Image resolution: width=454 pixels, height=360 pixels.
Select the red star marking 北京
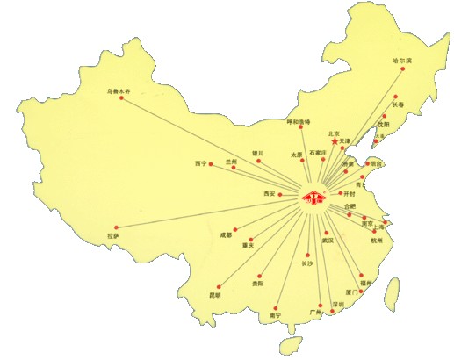335,142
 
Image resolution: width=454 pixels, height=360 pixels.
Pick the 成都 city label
227,234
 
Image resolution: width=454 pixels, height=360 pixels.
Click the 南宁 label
276,313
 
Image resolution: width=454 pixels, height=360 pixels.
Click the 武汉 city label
327,239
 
